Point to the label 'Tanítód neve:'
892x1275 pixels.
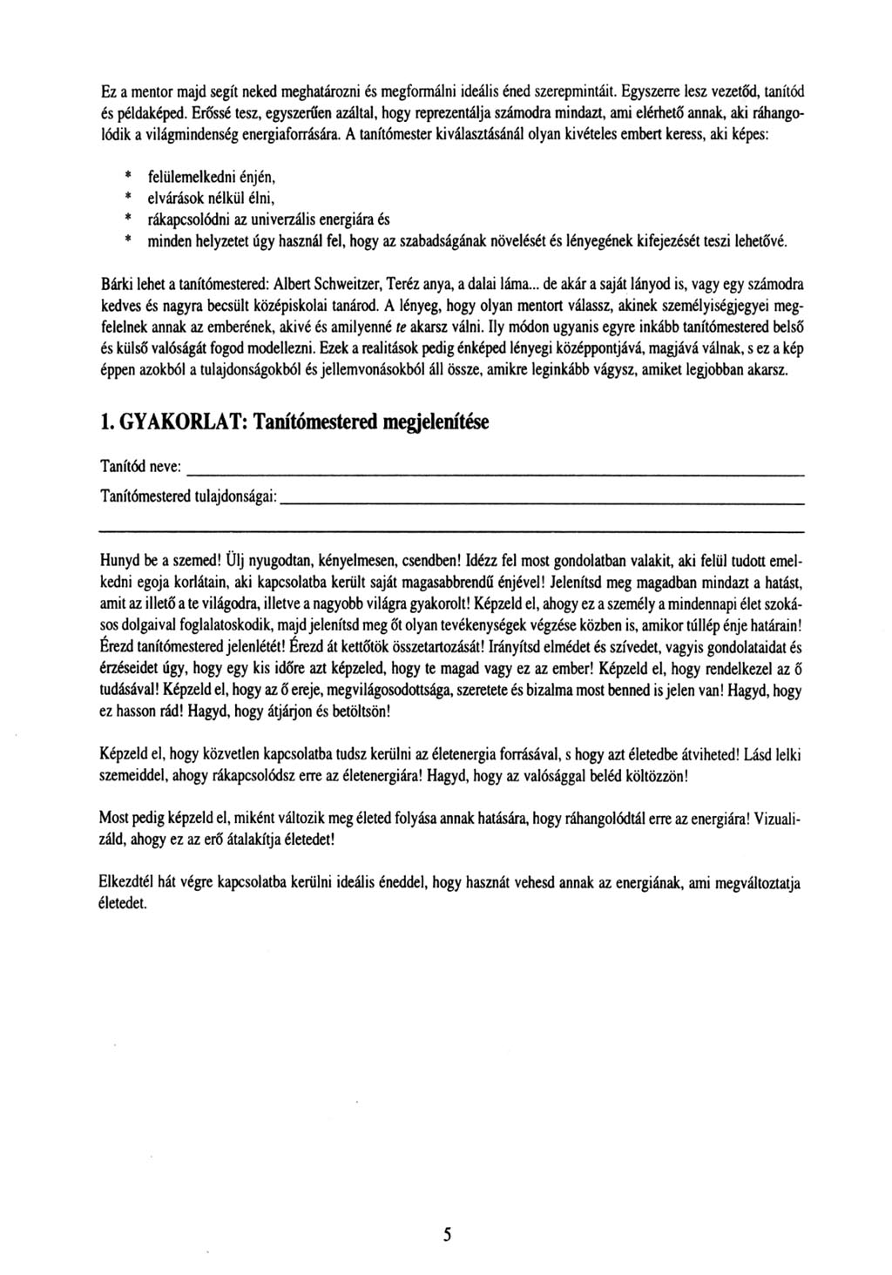139,469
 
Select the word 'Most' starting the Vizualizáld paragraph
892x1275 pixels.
115,820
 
